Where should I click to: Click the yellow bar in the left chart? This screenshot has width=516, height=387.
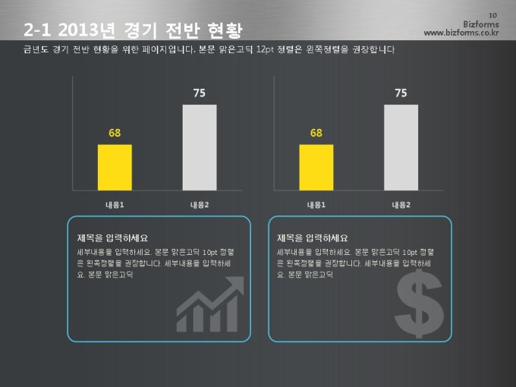(115, 167)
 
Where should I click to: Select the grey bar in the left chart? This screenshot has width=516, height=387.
(200, 147)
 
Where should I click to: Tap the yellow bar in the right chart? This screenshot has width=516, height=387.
(316, 167)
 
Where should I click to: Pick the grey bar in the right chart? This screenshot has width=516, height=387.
(401, 147)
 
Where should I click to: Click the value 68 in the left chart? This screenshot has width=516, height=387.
(115, 133)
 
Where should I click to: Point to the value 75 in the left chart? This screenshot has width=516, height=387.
(200, 93)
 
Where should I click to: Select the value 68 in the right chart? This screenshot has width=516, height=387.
(316, 133)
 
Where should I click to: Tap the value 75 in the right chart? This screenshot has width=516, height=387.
(401, 93)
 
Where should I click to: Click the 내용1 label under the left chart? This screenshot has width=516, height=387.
(115, 205)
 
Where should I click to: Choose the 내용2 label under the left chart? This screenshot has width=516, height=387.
(200, 205)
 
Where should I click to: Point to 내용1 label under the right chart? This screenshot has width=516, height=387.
(316, 205)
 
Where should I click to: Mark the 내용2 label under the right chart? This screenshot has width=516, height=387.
(401, 205)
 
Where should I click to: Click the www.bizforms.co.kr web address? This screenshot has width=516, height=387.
(461, 33)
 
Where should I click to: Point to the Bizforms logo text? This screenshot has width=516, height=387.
(480, 24)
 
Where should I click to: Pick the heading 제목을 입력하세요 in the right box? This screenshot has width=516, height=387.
(313, 238)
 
